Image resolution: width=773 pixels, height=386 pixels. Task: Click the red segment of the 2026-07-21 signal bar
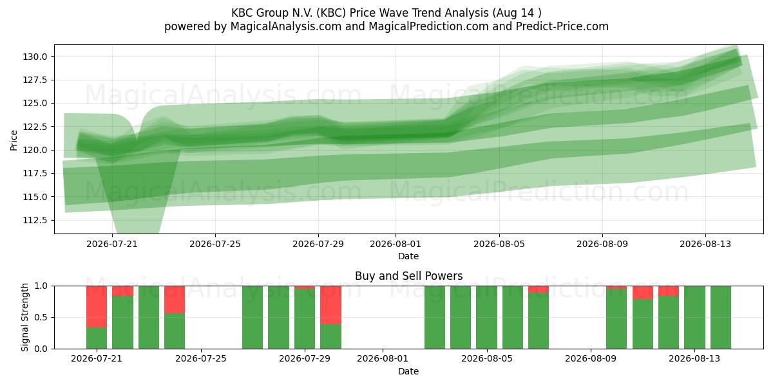(x=97, y=306)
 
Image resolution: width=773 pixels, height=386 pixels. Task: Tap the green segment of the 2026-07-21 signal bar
(x=97, y=338)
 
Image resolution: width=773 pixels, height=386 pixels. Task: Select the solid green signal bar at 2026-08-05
(x=486, y=317)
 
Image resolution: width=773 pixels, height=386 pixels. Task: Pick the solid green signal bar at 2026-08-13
(x=694, y=317)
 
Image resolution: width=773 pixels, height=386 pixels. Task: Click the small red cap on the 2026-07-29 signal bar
(x=305, y=288)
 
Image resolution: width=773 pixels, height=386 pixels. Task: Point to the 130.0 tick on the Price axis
(x=35, y=57)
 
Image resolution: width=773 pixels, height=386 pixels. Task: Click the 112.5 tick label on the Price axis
(x=35, y=220)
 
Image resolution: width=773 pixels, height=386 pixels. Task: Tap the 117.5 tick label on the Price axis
(x=35, y=173)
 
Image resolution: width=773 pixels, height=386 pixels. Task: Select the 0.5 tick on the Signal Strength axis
(x=41, y=317)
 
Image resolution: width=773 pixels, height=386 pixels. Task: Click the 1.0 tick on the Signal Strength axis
(x=41, y=286)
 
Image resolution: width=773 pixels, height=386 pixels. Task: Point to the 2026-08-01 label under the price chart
(x=396, y=244)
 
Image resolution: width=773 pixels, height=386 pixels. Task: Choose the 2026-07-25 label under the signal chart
(x=201, y=359)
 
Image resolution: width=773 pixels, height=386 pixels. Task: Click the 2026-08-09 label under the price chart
(x=602, y=244)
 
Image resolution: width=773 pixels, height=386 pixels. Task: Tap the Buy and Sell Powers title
(x=408, y=276)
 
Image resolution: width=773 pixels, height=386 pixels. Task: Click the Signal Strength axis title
(x=24, y=317)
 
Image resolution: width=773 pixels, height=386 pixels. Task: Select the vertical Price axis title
(x=14, y=140)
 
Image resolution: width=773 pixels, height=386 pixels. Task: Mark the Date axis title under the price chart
(x=408, y=256)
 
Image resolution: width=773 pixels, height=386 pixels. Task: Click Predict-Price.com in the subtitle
(x=562, y=26)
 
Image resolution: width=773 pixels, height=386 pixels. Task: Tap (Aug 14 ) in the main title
(x=517, y=13)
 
